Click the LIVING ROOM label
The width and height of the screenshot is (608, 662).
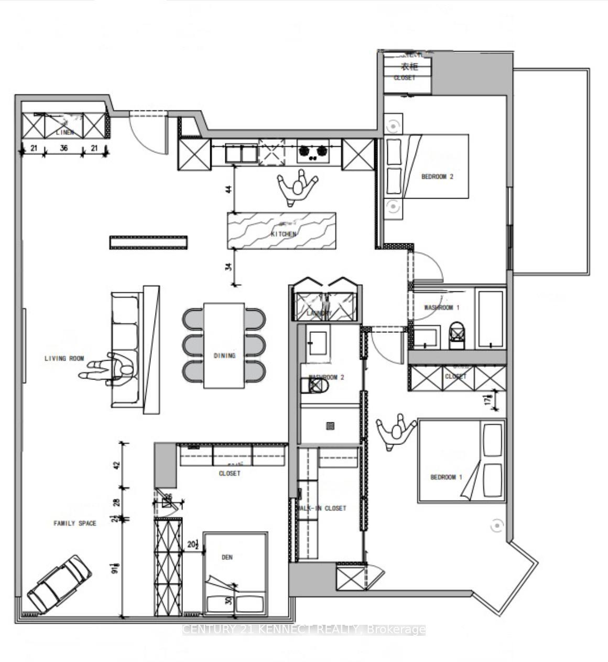tap(64, 359)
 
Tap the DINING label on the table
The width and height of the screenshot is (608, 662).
tap(224, 355)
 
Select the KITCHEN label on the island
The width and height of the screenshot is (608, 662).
tap(284, 234)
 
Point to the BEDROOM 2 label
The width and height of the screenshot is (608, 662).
tap(437, 177)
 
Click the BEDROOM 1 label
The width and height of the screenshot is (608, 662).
tap(446, 477)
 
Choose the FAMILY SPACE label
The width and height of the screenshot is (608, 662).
tap(75, 523)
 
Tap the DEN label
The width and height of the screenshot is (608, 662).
tap(226, 557)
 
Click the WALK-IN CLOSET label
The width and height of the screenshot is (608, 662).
tap(321, 508)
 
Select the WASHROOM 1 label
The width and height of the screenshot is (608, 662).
tap(441, 308)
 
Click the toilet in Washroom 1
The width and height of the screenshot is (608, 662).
tap(458, 335)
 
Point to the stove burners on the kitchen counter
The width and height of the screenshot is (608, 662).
tap(313, 151)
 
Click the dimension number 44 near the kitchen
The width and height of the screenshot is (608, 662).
tap(229, 189)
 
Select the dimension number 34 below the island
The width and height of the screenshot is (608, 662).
tap(229, 267)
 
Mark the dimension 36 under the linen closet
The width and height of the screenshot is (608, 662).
tap(64, 149)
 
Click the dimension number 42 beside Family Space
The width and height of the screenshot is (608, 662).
tap(117, 464)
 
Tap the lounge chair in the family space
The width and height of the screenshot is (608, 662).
tap(59, 583)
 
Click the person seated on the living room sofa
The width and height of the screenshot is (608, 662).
tap(113, 369)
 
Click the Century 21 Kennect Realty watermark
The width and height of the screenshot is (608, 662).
tap(304, 630)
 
